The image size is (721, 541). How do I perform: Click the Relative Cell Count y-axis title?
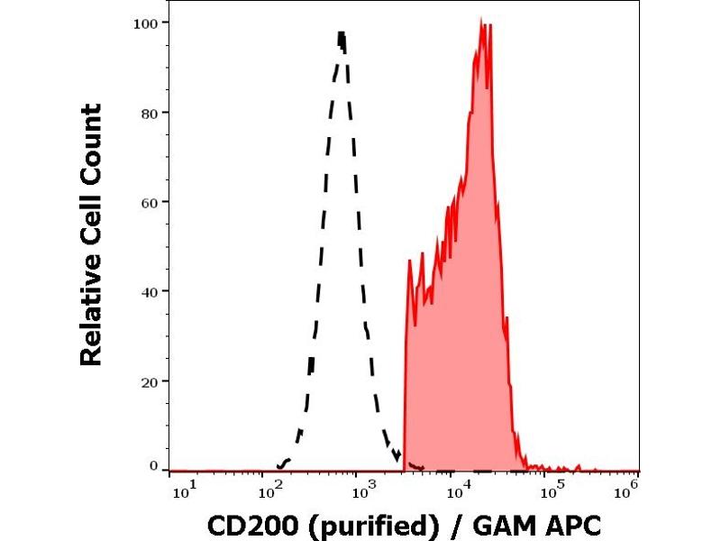pos(91,234)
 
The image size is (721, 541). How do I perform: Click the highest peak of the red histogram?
pos(482,19)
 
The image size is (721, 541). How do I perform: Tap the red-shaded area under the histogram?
pos(460,361)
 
